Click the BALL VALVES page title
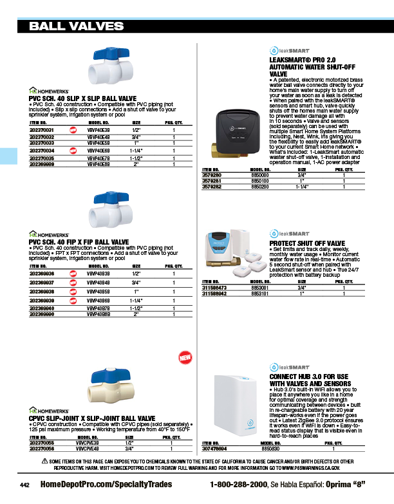click(x=77, y=26)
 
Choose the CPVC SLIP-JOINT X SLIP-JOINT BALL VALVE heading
click(x=91, y=418)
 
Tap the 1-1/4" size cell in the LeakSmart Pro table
click(x=302, y=187)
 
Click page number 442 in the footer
click(x=24, y=483)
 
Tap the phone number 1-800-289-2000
click(x=238, y=483)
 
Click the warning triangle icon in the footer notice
click(x=45, y=462)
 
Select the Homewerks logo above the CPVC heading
click(x=48, y=409)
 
